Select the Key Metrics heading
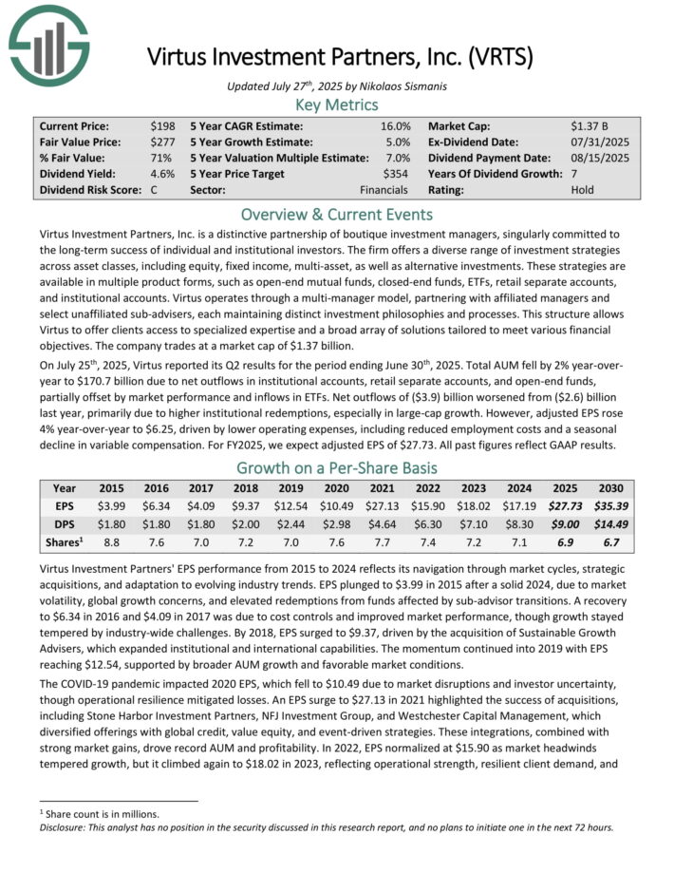[337, 104]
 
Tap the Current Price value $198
[163, 125]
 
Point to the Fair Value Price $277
[163, 142]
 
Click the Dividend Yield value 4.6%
[162, 174]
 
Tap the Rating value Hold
[583, 190]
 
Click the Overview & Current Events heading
[337, 214]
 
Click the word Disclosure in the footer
[66, 827]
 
